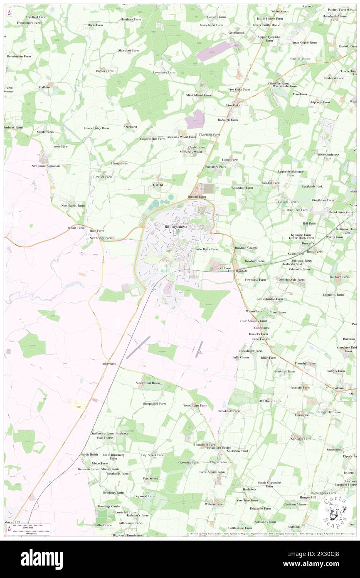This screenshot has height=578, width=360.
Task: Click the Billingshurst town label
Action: tap(175, 227)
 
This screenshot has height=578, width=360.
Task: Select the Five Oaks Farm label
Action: tap(239, 89)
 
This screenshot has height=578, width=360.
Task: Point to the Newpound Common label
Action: tap(46, 166)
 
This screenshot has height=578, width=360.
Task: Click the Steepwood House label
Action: tap(148, 383)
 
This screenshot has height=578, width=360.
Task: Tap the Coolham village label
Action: tap(338, 388)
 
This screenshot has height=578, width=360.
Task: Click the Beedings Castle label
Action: tap(108, 506)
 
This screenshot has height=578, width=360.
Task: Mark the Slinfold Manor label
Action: tap(300, 59)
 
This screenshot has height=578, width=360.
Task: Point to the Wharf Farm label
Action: tap(76, 228)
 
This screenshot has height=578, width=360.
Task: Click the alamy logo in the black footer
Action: tap(42, 559)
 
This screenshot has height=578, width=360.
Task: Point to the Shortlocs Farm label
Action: tap(128, 50)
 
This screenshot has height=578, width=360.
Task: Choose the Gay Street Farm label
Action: tap(153, 455)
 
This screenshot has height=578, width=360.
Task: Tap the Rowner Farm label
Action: tap(103, 177)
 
